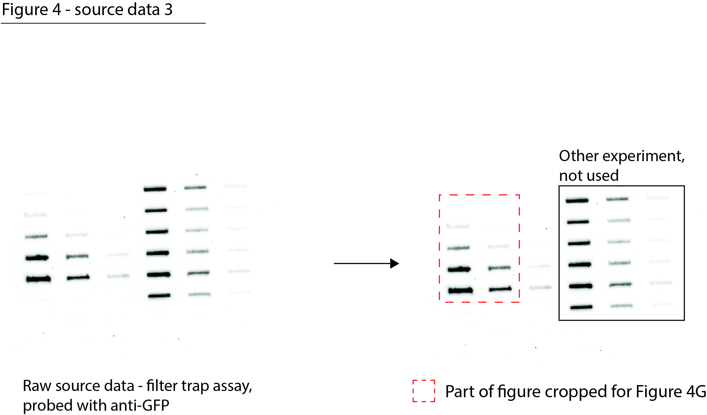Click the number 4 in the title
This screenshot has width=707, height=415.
click(57, 10)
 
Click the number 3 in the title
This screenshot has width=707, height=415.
click(168, 10)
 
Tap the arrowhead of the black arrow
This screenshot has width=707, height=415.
click(394, 263)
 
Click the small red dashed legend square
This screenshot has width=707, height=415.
click(424, 391)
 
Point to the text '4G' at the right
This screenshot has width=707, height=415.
click(696, 391)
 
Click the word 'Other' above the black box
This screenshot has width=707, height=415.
click(578, 156)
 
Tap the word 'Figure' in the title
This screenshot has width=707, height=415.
click(25, 10)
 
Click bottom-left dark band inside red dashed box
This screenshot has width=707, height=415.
click(460, 290)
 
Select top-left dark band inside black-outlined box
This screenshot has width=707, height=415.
click(577, 200)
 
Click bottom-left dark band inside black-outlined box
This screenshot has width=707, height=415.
click(581, 307)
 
